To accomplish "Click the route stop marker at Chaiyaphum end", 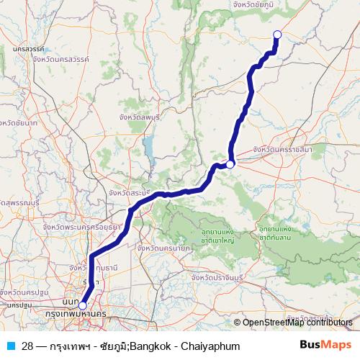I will (x=277, y=34).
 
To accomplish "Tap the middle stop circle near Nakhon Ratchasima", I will (x=230, y=165).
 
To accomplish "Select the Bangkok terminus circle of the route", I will (x=82, y=306).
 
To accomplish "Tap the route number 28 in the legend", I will (x=27, y=346).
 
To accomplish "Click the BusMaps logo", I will (x=325, y=346).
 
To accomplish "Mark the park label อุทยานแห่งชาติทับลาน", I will (x=268, y=232).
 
